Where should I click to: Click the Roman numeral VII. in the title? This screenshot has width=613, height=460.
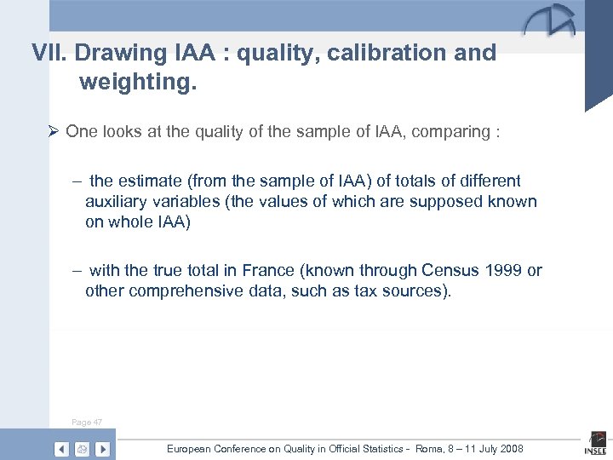pos(49,54)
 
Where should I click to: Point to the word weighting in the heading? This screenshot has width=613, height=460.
pos(132,83)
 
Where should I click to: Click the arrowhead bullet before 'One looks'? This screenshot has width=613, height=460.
pos(53,132)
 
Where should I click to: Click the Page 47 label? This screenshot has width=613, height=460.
pos(87,423)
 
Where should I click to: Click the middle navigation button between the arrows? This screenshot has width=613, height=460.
pos(82,448)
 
